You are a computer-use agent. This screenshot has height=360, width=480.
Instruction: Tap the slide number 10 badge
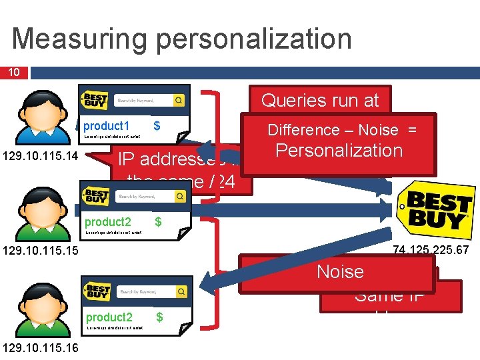click(x=14, y=72)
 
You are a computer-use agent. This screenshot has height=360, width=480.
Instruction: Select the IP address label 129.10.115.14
click(x=41, y=157)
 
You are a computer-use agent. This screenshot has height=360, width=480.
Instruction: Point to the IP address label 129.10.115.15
click(x=41, y=251)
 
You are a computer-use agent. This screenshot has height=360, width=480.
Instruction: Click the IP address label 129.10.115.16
click(x=41, y=347)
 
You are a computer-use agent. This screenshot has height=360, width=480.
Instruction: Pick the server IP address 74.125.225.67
click(x=431, y=251)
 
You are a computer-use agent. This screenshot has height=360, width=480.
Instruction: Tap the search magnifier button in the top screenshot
click(x=179, y=101)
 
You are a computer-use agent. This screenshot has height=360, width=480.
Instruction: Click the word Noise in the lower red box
click(x=340, y=272)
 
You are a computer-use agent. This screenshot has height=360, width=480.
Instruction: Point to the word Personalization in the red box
click(x=339, y=151)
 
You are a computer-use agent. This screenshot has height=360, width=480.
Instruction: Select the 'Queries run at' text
click(x=320, y=101)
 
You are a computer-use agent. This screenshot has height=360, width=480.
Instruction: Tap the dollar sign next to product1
click(x=156, y=125)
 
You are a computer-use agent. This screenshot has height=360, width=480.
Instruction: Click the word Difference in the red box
click(x=303, y=130)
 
